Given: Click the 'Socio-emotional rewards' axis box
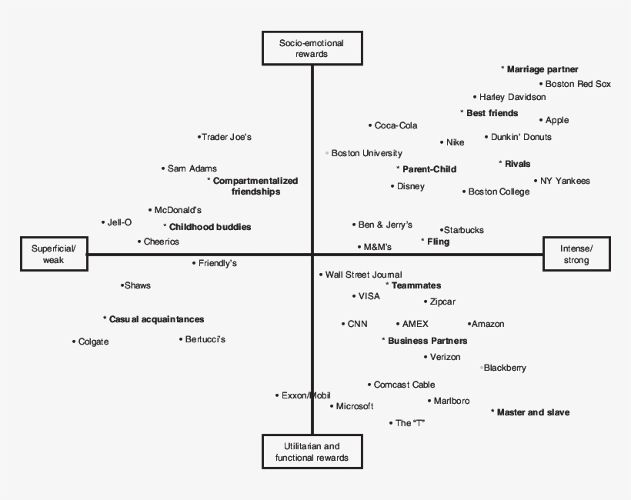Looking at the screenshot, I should (312, 48).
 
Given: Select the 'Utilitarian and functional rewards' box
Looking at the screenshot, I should (312, 452).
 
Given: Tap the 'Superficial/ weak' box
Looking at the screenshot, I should (53, 254).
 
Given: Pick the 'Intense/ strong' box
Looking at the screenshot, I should (576, 254).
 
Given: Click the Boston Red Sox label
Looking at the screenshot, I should (577, 84).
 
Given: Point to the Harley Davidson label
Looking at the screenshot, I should (512, 97).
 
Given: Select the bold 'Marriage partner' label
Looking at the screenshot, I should (542, 69).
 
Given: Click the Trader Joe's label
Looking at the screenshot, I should (226, 137).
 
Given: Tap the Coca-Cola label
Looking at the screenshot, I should (396, 125).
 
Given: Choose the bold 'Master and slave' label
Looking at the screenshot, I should (533, 412).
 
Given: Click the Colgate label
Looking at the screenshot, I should (93, 342).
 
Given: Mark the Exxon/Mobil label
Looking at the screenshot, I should (305, 395).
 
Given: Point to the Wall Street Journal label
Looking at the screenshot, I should (363, 275).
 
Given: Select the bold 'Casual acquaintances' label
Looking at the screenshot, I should (156, 318).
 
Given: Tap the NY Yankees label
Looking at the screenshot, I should (564, 181).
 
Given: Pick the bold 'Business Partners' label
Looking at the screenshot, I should (427, 340).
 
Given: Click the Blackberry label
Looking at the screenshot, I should (505, 368).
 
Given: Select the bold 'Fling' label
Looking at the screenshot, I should (439, 242).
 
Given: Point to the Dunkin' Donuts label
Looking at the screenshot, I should (521, 137).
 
